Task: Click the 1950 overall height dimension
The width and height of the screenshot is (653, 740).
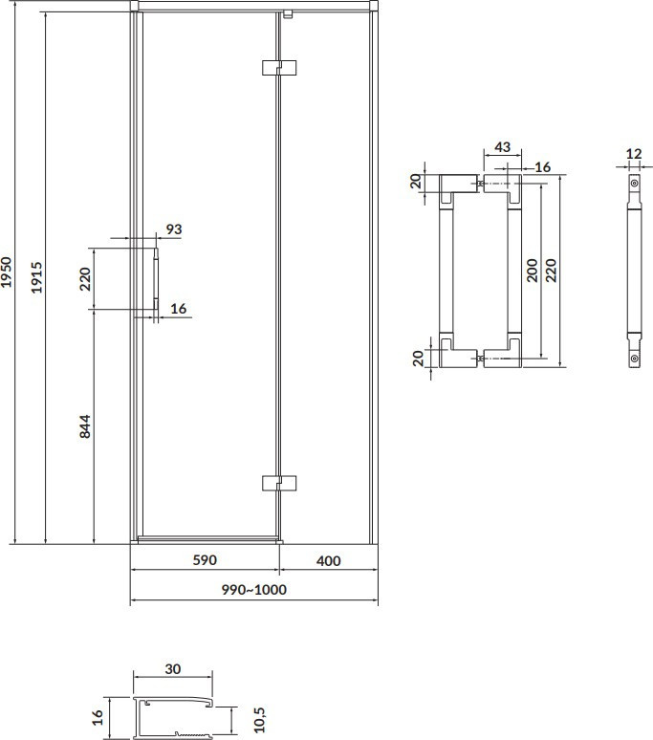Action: point(6,272)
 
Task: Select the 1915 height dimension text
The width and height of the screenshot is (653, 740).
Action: point(36,277)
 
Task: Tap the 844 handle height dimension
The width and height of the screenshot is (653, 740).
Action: point(85,426)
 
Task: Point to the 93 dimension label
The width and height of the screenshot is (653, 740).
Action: point(174,229)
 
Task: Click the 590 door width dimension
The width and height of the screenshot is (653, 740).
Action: point(205,559)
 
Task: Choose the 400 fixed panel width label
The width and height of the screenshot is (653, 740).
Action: point(328,560)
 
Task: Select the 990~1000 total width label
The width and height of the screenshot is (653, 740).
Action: point(254,590)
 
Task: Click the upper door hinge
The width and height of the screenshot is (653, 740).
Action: point(279,68)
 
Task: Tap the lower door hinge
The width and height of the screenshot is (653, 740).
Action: point(279,483)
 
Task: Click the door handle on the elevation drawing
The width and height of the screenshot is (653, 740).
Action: point(156,279)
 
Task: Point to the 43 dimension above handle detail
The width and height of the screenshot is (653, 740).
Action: point(503,147)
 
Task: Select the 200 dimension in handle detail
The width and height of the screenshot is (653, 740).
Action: point(532,271)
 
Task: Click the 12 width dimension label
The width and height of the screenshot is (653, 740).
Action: point(634,153)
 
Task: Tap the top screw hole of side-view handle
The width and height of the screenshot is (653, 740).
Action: point(635,183)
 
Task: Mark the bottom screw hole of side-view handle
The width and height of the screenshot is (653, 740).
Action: point(635,359)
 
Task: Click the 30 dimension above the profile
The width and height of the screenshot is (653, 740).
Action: point(173,668)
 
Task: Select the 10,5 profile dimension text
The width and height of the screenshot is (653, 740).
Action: point(260,719)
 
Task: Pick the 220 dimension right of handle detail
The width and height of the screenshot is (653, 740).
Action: point(551,271)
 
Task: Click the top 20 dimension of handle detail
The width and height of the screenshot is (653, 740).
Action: point(416,182)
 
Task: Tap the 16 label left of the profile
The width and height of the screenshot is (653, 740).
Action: point(98,718)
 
